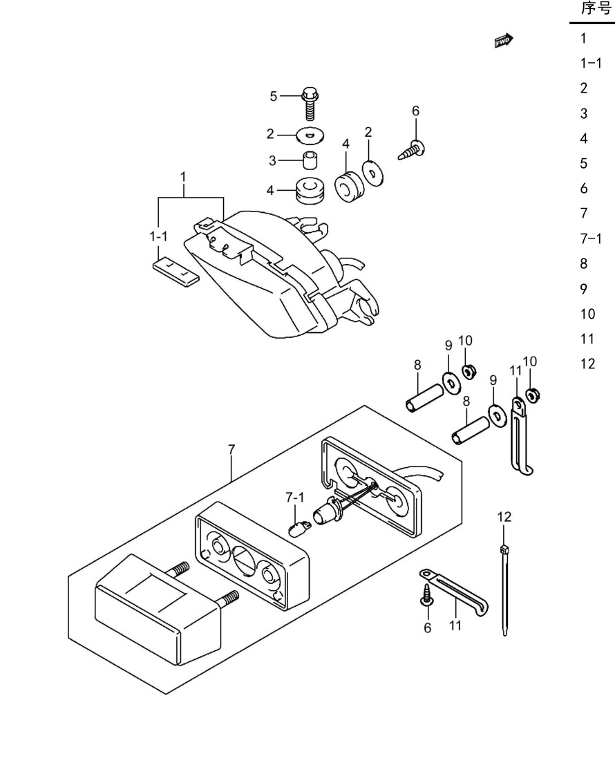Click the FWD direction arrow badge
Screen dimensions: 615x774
[x=504, y=41]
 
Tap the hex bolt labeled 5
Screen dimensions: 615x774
[x=310, y=104]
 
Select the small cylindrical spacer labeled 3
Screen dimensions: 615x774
[x=310, y=160]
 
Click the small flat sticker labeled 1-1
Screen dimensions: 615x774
[x=176, y=272]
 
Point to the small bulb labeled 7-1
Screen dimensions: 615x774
[x=299, y=529]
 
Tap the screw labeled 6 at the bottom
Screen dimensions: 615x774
[x=426, y=596]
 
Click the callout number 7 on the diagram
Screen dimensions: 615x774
[x=231, y=450]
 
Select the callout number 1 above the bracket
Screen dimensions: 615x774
[x=183, y=177]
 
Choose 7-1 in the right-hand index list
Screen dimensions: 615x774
[x=591, y=239]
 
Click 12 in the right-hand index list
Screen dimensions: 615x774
[x=588, y=364]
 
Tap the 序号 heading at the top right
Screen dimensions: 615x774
[x=596, y=8]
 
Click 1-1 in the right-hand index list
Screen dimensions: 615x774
[x=591, y=63]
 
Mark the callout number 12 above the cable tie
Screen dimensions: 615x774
[x=504, y=517]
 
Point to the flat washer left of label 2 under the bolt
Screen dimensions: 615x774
[x=310, y=135]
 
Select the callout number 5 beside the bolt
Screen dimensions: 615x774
[x=274, y=96]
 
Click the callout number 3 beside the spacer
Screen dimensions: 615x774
[x=272, y=160]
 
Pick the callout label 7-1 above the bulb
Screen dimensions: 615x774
[x=294, y=498]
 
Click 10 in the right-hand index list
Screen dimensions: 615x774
[x=588, y=314]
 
